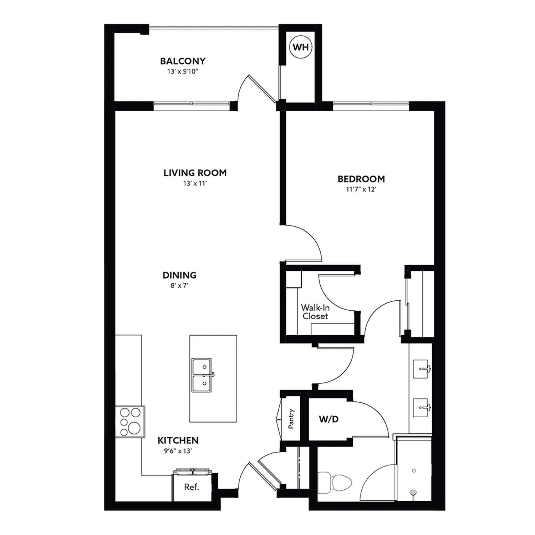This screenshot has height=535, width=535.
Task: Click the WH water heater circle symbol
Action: pos(301,47)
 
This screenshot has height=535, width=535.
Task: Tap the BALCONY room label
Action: pos(183,61)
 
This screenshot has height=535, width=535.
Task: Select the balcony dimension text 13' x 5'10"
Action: pos(183,72)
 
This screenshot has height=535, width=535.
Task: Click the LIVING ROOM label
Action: pos(195,173)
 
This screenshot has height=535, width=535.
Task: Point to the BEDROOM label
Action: pos(361,179)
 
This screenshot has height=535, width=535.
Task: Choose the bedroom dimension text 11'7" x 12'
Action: pos(361,189)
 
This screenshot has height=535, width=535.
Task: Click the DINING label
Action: pos(179,275)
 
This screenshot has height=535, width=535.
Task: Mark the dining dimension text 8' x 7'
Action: pos(179,286)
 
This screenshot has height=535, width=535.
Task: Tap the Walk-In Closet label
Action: pos(315,312)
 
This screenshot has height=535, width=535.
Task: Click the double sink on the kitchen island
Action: pos(202,375)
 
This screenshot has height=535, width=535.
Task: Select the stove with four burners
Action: pos(130,422)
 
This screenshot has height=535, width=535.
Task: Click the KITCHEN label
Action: pos(178,440)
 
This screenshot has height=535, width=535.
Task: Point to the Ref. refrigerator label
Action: pos(192,487)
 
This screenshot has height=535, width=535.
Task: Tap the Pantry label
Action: pos(291,419)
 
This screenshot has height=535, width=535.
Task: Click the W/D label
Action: pos(328,419)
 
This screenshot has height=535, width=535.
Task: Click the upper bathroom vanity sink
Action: pos(422,369)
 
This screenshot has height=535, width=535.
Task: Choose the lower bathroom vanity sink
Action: pos(422,407)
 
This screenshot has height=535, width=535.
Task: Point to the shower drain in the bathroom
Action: pos(413,493)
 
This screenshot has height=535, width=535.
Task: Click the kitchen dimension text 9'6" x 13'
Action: pos(178,451)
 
